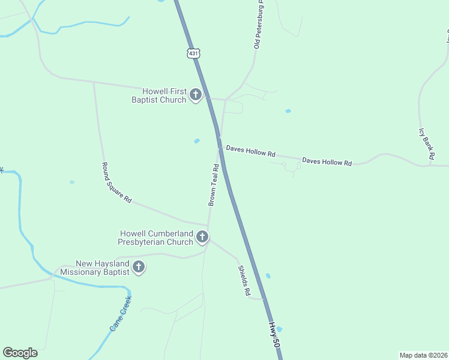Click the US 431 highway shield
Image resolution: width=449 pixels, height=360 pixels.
coord(193,53)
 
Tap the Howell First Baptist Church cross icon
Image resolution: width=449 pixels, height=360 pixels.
coord(195,95)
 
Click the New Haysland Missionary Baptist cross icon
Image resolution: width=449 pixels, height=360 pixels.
coord(139,267)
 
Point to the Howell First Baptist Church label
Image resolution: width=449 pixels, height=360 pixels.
coord(160,95)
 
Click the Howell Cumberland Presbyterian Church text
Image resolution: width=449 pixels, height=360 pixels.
coord(156,238)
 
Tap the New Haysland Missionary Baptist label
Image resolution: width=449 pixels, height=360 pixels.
coord(103,268)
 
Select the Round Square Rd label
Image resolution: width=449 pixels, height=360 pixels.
coord(116,182)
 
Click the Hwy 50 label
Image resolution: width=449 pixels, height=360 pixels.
coord(274,335)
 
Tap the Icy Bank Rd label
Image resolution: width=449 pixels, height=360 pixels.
coord(427,143)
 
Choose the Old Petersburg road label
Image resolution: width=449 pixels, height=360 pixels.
coord(259,26)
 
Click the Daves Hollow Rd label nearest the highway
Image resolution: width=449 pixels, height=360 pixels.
coord(250,151)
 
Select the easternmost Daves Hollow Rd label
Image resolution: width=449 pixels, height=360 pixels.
coord(327,161)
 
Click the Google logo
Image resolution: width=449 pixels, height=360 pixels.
coord(20,353)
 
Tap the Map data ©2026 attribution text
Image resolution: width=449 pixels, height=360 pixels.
coord(423,355)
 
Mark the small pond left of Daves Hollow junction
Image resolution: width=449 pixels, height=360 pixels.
coord(197,141)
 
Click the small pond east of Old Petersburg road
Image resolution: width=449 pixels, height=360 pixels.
coord(288,111)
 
